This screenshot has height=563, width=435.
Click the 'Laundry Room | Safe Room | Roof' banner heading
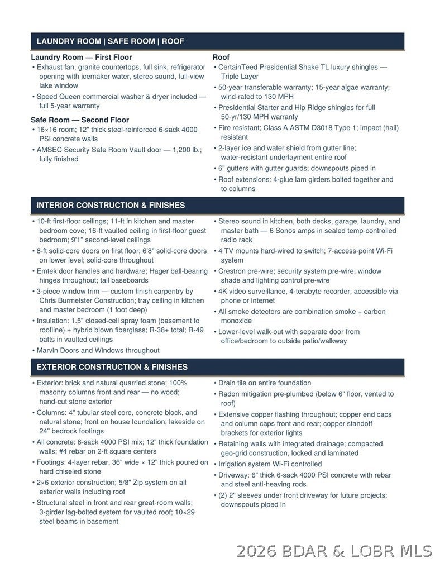coord(110,41)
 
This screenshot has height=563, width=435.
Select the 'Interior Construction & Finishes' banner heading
coord(111,205)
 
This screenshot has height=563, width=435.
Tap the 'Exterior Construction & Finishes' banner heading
coord(112,367)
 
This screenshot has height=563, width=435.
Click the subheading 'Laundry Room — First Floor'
coord(82,57)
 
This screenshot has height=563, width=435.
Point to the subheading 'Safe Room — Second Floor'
coord(80,120)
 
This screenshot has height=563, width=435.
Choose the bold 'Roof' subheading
coord(221,57)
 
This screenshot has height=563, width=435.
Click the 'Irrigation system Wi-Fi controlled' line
coord(270,464)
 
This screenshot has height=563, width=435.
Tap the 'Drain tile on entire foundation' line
coord(265,383)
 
